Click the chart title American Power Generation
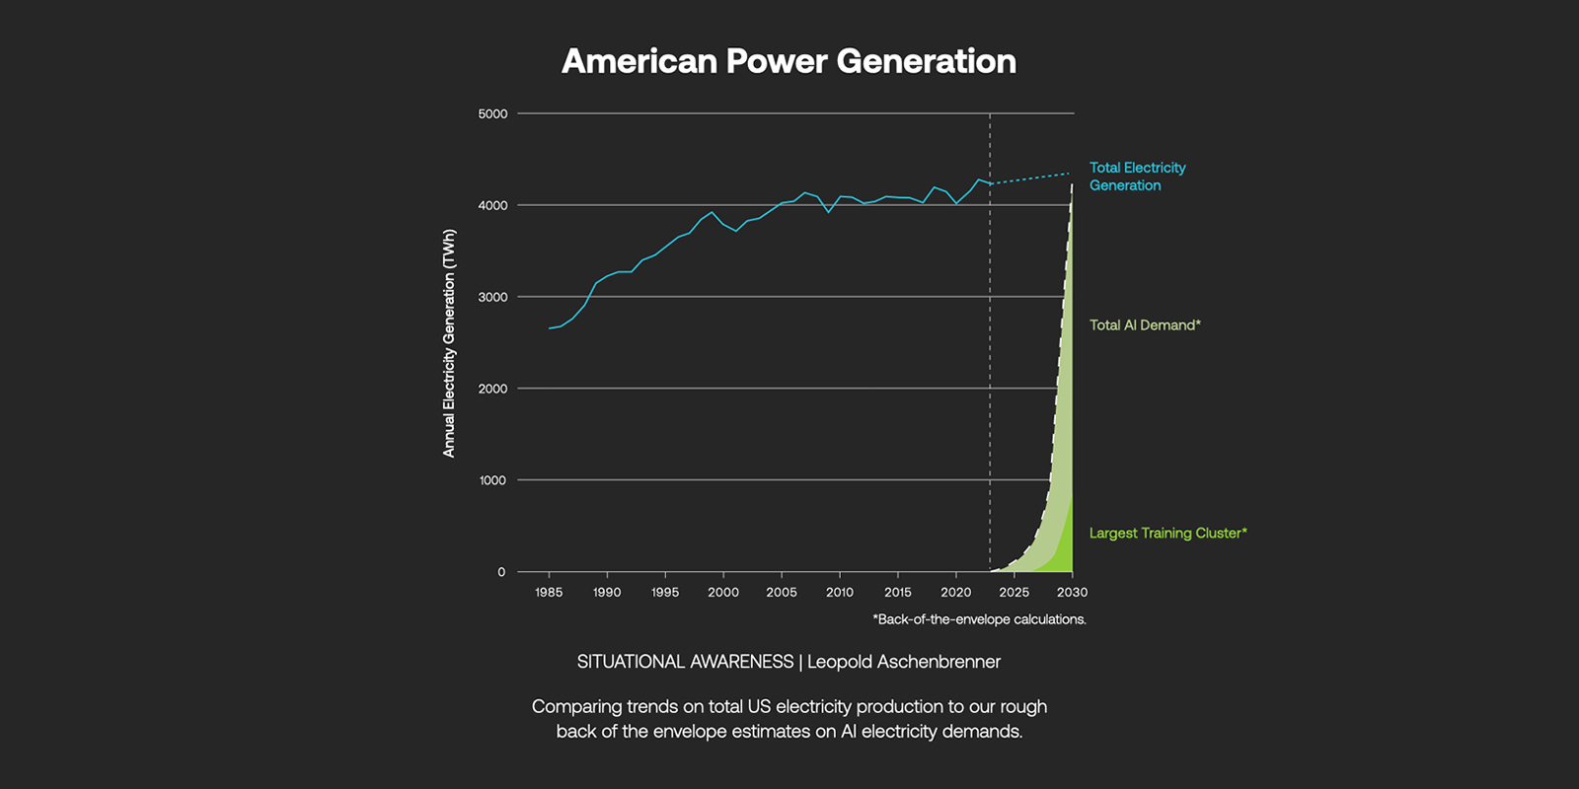point(789,61)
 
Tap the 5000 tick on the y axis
point(492,113)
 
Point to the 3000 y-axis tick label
point(492,297)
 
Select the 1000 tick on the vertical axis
point(492,480)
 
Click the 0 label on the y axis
point(501,572)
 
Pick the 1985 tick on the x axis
point(549,592)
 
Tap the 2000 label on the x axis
point(723,592)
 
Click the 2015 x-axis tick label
point(898,592)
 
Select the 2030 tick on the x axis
point(1072,592)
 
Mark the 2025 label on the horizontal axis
point(1014,592)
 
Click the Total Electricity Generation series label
point(1137,177)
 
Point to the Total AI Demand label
point(1145,325)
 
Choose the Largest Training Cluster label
point(1167,534)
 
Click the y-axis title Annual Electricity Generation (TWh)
point(450,343)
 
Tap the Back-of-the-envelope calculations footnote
point(979,619)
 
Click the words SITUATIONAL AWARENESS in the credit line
point(685,662)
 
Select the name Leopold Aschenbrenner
point(904,662)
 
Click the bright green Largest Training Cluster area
point(1064,552)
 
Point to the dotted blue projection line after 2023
point(1031,179)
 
